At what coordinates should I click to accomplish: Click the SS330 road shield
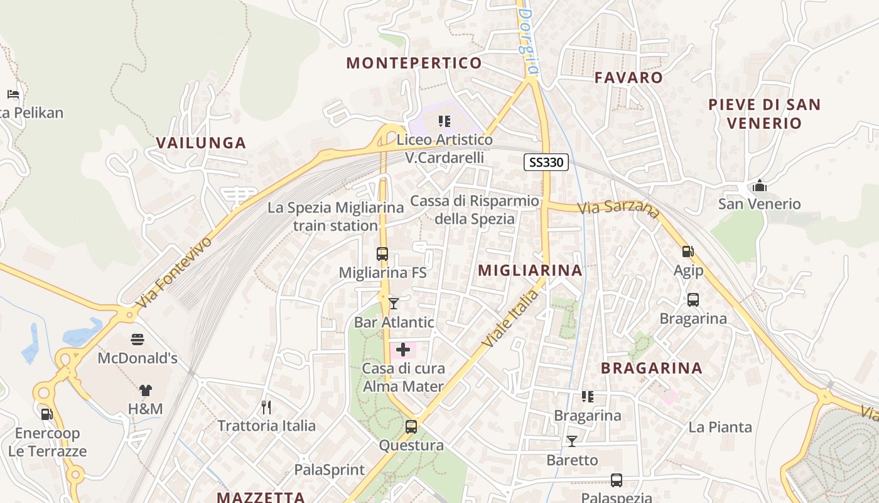[x=546, y=163]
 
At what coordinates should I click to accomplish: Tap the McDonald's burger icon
[x=138, y=340]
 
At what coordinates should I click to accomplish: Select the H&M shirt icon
[x=146, y=390]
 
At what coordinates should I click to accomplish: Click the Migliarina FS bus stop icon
[x=382, y=254]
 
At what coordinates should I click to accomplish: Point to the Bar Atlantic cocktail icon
[x=394, y=304]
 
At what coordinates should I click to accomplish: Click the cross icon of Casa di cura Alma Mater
[x=403, y=350]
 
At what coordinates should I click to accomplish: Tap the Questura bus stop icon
[x=411, y=427]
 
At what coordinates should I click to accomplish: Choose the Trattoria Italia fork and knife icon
[x=266, y=407]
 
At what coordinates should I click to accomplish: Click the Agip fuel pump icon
[x=688, y=251]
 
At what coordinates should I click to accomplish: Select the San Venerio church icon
[x=760, y=185]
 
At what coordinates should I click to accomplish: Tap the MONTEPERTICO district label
[x=414, y=63]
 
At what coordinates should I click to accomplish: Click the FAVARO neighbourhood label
[x=628, y=77]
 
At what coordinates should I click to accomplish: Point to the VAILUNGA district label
[x=201, y=143]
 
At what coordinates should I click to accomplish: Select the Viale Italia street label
[x=511, y=318]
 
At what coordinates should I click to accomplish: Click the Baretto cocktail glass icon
[x=572, y=441]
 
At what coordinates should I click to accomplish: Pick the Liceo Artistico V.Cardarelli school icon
[x=445, y=121]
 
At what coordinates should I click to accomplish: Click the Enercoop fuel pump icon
[x=46, y=414]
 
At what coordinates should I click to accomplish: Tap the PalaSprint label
[x=330, y=470]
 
